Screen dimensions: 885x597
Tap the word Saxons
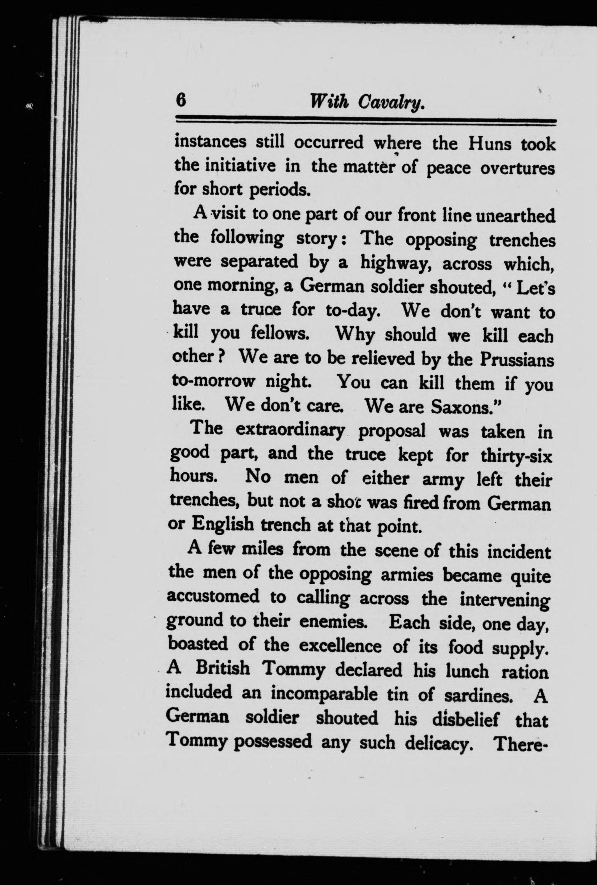pyautogui.click(x=461, y=407)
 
